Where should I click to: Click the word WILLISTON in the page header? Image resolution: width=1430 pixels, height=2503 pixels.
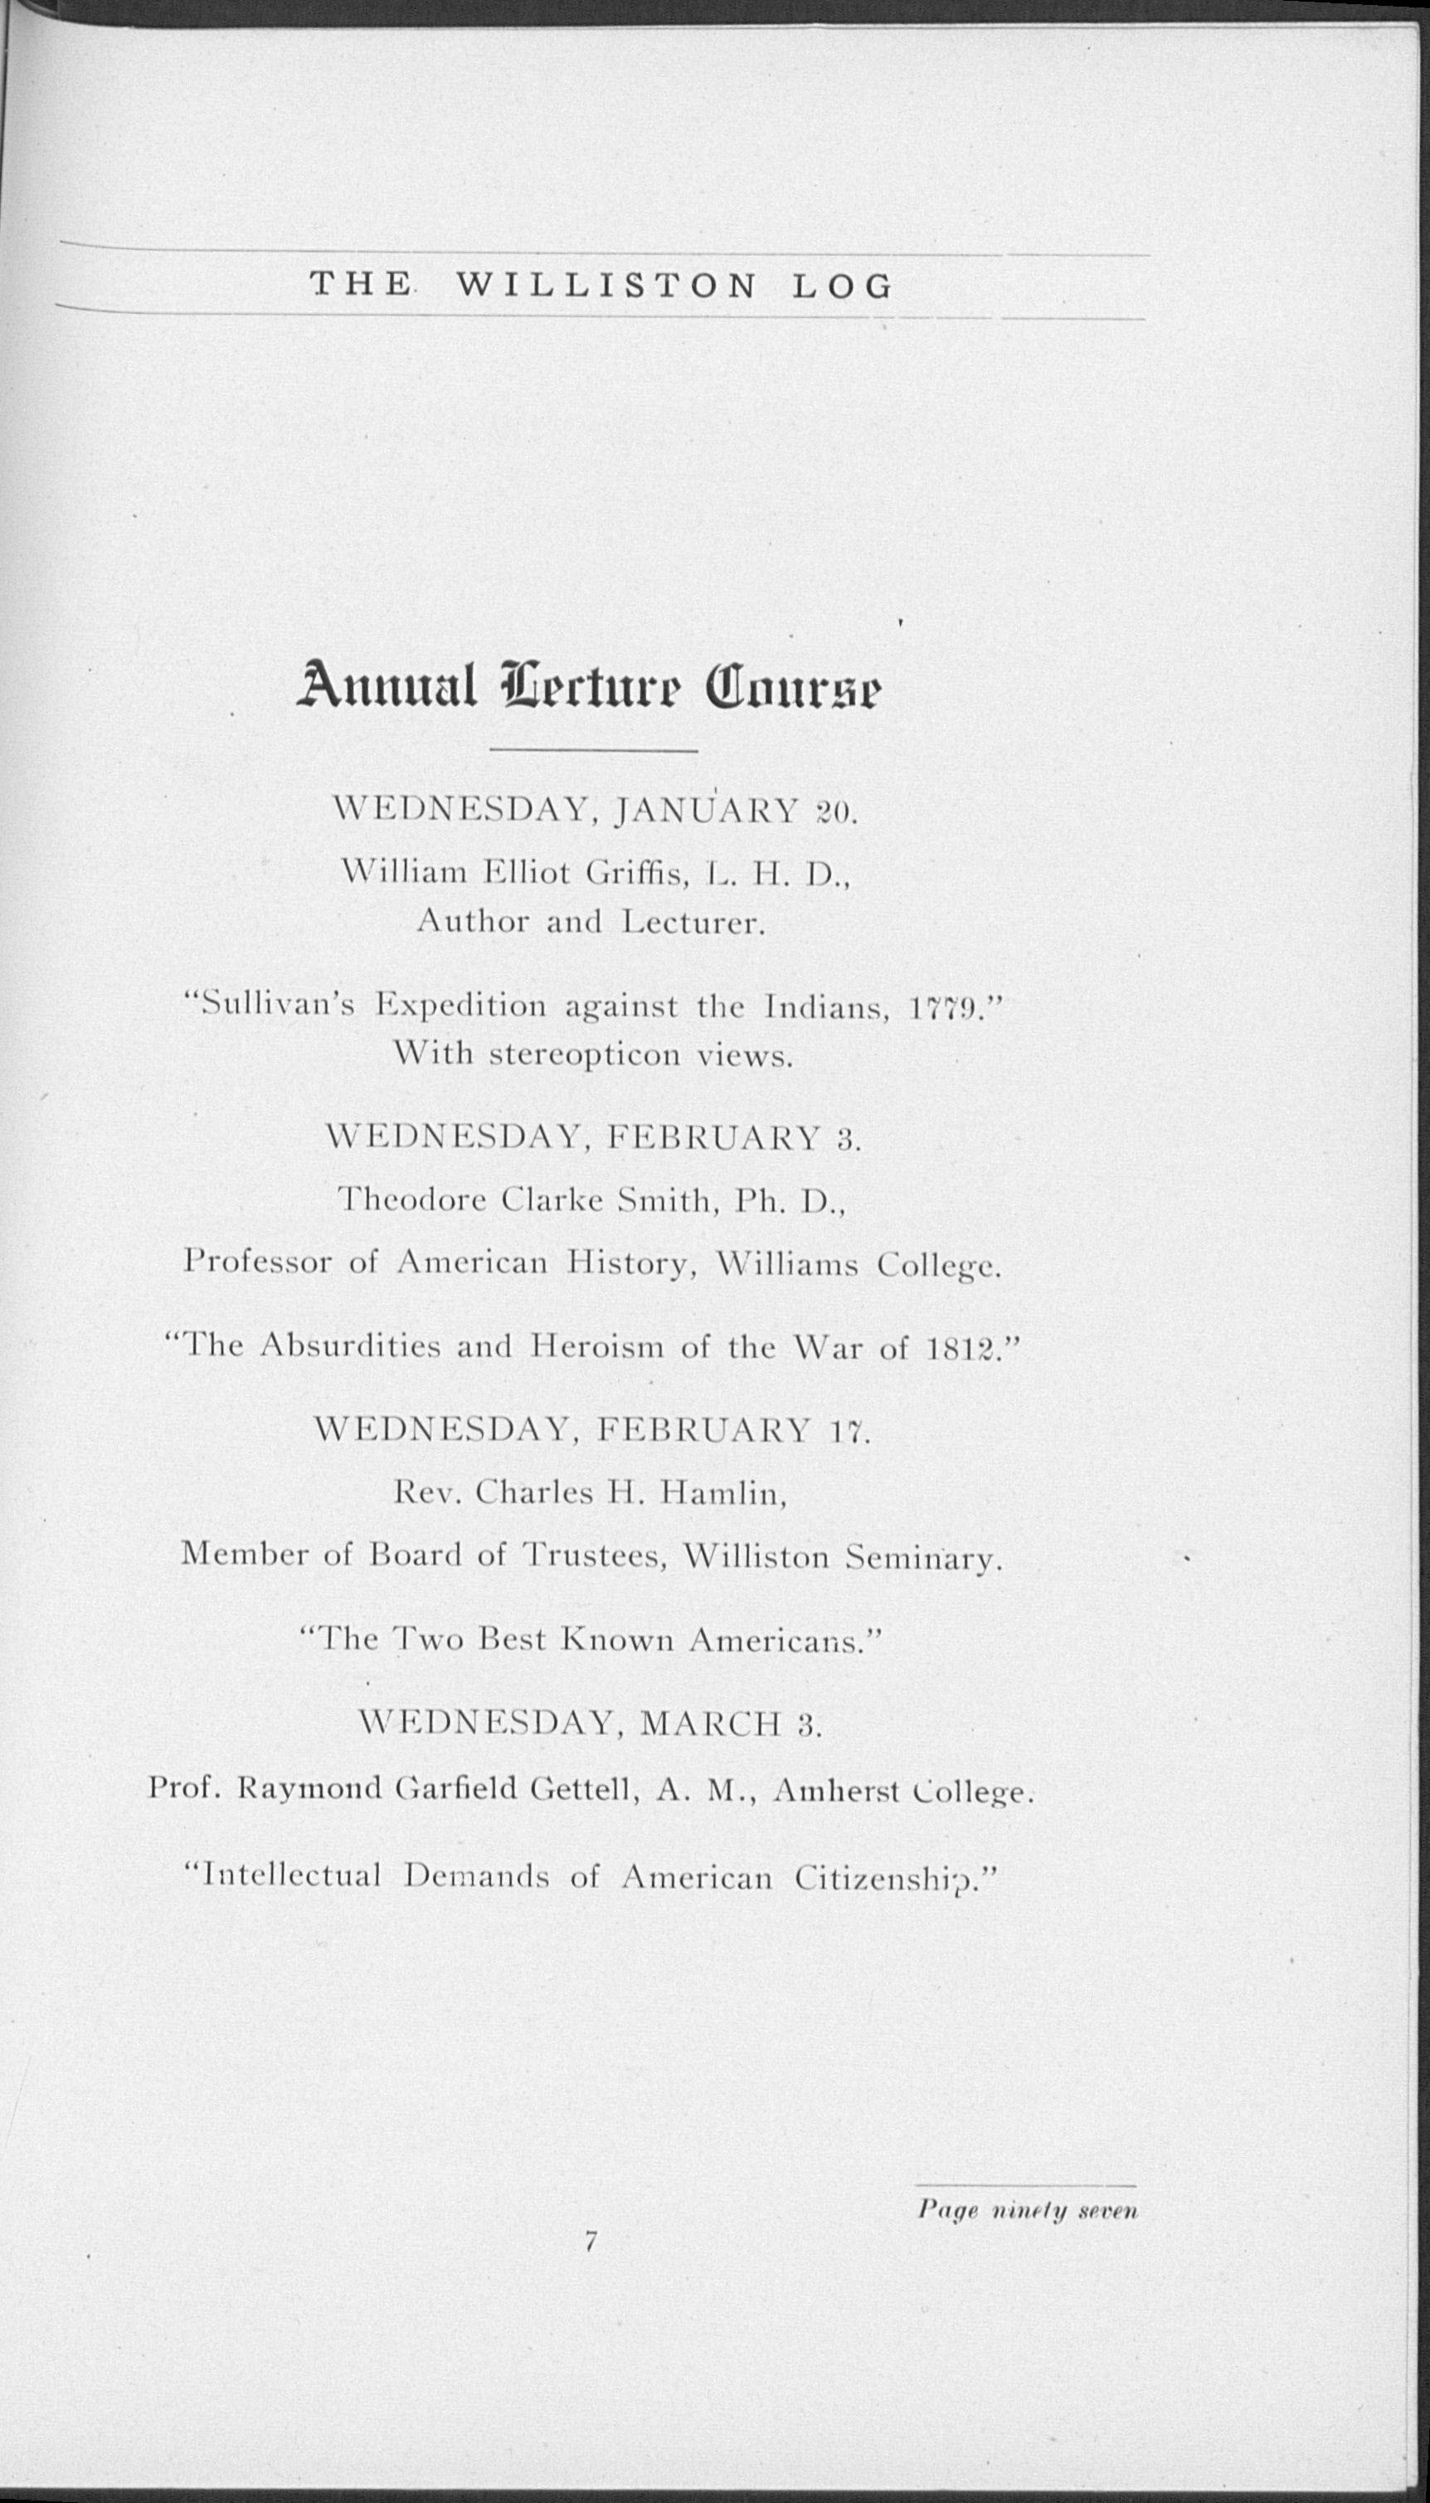[x=607, y=285]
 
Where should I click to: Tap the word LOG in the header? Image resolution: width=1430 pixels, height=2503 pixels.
[x=842, y=285]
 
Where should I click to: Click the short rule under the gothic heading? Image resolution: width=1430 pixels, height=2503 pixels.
[x=592, y=753]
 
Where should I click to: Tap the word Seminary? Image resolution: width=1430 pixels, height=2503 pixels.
[x=923, y=1558]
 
